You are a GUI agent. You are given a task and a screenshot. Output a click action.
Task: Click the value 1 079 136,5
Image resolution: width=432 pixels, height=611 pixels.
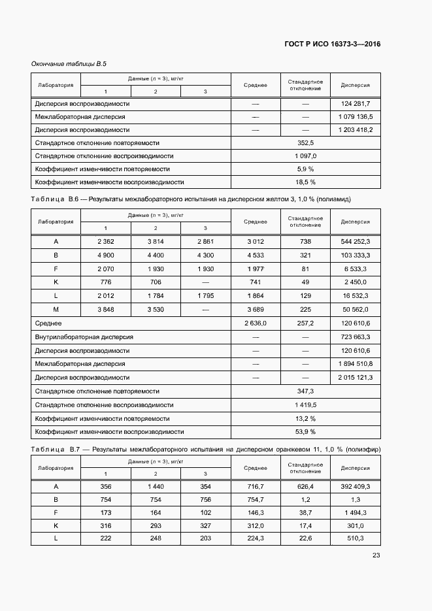[x=356, y=117]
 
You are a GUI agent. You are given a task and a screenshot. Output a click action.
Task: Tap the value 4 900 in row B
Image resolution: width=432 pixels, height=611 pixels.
[x=106, y=255]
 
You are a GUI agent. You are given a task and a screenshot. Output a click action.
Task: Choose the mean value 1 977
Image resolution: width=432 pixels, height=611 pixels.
[x=256, y=269]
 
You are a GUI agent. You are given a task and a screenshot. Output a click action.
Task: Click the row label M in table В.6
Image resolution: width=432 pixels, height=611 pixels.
[x=56, y=309]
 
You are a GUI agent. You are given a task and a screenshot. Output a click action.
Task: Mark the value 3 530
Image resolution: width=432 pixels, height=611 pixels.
[x=156, y=309]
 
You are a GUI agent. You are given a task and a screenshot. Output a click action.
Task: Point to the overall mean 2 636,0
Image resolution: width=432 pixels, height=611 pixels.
[x=256, y=323]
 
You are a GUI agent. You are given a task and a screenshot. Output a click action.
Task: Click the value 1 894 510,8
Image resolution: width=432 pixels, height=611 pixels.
[x=356, y=363]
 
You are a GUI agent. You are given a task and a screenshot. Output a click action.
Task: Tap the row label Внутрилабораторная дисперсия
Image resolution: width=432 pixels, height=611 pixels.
[x=84, y=337]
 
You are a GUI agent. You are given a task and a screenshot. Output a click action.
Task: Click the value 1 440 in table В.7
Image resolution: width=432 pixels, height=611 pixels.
[x=156, y=487]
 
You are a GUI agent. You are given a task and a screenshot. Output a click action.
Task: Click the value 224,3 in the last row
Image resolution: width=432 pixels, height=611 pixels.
[x=256, y=538]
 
